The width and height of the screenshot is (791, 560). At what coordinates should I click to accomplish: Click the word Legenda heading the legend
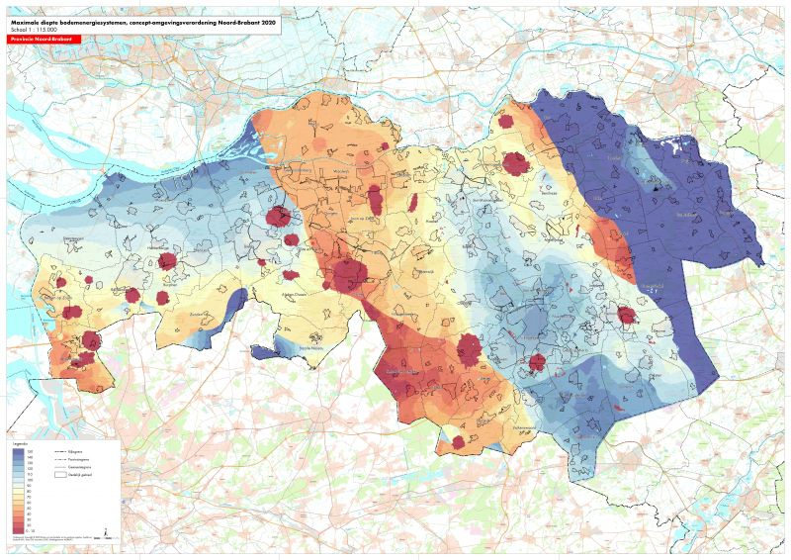pyautogui.click(x=17, y=444)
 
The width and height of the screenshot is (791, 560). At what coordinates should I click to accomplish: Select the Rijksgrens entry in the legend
pyautogui.click(x=73, y=450)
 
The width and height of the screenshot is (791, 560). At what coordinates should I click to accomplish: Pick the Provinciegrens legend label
pyautogui.click(x=75, y=458)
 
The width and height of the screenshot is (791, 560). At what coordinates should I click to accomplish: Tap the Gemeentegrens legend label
pyautogui.click(x=75, y=466)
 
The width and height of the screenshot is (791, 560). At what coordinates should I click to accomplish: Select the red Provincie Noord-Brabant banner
pyautogui.click(x=40, y=39)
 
